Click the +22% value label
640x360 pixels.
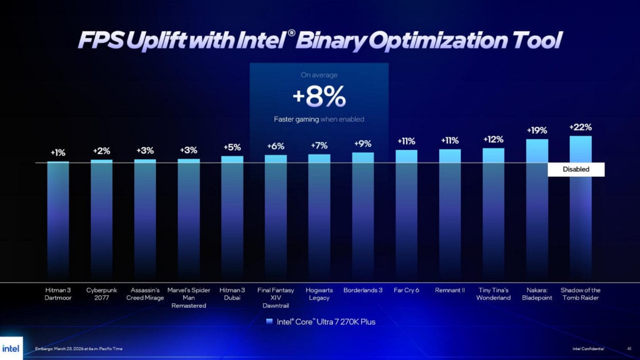(580, 127)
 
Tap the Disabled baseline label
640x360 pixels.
(576, 169)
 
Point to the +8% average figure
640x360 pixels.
(319, 98)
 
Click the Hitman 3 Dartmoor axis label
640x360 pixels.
(58, 294)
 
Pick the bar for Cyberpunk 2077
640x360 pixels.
(102, 218)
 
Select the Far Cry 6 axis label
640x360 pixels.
(406, 291)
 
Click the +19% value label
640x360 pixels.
(537, 131)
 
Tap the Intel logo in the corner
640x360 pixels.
(11, 349)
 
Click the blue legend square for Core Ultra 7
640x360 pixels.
(270, 322)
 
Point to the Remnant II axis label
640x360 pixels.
(449, 291)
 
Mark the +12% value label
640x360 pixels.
(494, 140)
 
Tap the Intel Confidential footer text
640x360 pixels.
(588, 349)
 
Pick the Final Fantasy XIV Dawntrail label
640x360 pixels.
(276, 298)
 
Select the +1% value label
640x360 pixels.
(58, 153)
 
